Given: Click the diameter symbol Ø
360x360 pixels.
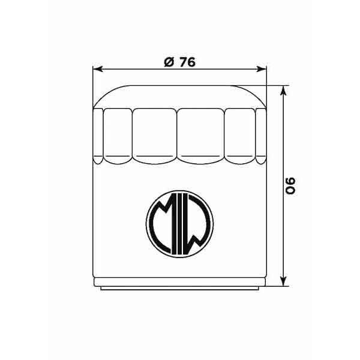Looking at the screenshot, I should [167, 62].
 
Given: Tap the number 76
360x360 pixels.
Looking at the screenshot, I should [187, 62].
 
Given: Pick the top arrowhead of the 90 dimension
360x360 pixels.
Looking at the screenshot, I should [284, 89].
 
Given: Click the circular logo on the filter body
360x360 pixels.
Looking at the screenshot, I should [178, 222].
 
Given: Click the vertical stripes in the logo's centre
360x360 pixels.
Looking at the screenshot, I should [178, 223].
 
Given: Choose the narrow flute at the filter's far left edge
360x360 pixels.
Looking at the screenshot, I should [98, 135].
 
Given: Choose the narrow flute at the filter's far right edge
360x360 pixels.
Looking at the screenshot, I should [260, 135].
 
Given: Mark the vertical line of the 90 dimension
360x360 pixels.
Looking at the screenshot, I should [284, 150].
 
